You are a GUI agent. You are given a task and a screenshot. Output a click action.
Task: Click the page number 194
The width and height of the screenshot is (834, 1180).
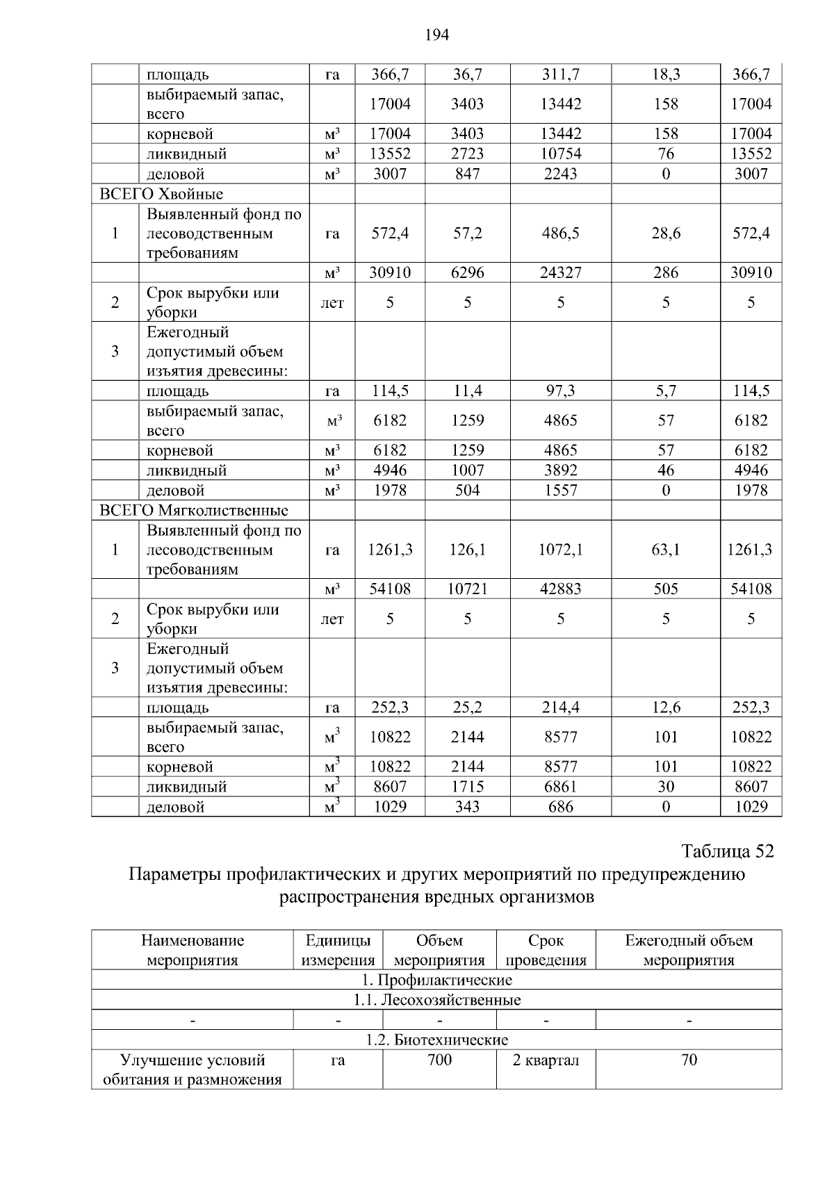(437, 35)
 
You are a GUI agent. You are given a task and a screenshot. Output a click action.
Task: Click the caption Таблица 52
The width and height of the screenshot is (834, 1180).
(727, 851)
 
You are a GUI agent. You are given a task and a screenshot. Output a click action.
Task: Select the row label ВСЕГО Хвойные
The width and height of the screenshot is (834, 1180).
(162, 194)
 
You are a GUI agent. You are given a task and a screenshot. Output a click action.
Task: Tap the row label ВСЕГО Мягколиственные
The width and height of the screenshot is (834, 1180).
(194, 511)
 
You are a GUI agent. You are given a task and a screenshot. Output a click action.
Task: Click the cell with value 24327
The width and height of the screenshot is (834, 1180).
(560, 272)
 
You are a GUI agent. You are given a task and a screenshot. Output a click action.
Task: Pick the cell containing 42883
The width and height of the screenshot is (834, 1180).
(560, 589)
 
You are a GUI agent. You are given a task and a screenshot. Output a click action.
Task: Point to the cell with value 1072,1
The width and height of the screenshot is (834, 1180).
(560, 550)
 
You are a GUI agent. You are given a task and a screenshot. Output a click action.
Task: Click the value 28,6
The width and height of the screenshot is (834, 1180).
(665, 233)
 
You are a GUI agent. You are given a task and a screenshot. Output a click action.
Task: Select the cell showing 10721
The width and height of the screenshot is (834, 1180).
(467, 589)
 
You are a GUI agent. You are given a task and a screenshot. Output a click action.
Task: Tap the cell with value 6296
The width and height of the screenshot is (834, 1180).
(467, 272)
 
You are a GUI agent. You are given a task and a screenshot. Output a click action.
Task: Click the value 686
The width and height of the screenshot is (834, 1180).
(560, 807)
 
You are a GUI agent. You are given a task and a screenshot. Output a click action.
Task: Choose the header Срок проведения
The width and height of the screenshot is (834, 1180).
(546, 951)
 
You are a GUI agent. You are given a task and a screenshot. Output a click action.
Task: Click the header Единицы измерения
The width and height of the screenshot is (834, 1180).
(338, 951)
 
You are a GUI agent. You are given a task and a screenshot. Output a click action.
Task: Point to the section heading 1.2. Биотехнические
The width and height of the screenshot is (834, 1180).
(436, 1040)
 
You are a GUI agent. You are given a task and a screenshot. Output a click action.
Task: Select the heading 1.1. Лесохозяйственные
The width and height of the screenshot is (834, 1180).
(436, 1000)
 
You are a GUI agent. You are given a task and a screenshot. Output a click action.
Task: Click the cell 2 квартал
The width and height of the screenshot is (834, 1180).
(546, 1060)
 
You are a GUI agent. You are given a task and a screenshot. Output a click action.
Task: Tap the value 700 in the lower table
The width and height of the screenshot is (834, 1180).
(439, 1060)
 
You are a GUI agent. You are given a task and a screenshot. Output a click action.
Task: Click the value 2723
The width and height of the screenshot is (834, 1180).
(467, 154)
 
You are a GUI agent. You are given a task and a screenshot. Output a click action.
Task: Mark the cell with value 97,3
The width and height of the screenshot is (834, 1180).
(560, 391)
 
